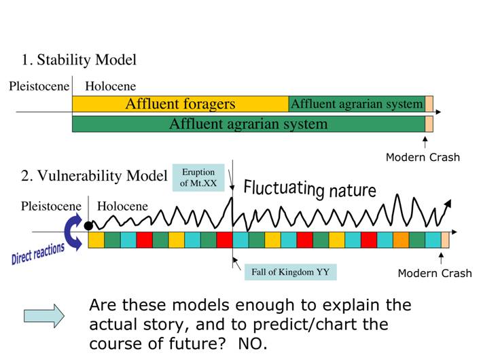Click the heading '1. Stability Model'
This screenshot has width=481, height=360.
tap(79, 60)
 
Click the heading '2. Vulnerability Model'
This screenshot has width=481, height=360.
tap(94, 176)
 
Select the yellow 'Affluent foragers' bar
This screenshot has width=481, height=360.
tap(181, 104)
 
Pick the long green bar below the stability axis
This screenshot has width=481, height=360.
tap(249, 124)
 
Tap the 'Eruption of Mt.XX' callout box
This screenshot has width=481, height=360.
tap(198, 177)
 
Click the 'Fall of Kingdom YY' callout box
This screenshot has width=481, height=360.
tap(291, 272)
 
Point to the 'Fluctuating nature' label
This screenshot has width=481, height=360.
tap(310, 189)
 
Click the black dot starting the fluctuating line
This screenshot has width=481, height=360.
tap(88, 226)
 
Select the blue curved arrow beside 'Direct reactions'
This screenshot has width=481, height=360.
tap(73, 232)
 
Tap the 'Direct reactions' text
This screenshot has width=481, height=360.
tap(38, 253)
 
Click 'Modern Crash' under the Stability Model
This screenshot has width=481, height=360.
tap(423, 158)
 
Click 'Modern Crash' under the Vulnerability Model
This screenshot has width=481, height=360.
tap(435, 273)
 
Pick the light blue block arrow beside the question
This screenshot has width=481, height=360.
tap(44, 316)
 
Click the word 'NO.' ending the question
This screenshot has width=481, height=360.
tap(253, 344)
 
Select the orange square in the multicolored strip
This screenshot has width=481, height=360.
tap(401, 240)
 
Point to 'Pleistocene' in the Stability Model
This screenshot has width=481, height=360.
tap(39, 86)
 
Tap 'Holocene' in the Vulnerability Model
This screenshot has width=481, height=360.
tap(122, 206)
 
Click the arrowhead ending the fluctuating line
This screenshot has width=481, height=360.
tap(448, 204)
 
